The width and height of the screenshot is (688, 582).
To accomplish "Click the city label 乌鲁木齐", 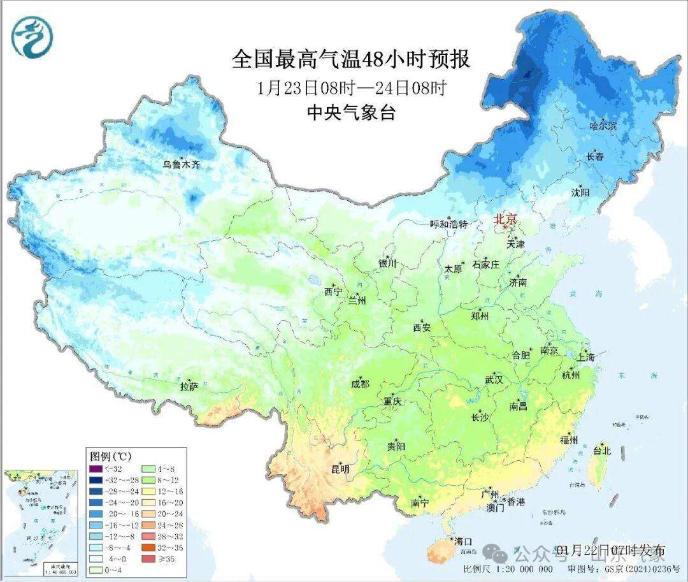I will pyautogui.click(x=181, y=164).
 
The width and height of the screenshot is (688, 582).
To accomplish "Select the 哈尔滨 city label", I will pyautogui.click(x=603, y=126).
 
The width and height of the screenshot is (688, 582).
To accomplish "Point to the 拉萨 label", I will pyautogui.click(x=189, y=386).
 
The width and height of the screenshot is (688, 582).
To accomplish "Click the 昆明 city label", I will pyautogui.click(x=340, y=469).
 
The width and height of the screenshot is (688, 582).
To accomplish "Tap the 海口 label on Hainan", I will pyautogui.click(x=463, y=541).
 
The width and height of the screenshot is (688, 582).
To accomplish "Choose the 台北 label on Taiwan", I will pyautogui.click(x=602, y=451).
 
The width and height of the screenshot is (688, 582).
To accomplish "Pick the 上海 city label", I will pyautogui.click(x=586, y=357).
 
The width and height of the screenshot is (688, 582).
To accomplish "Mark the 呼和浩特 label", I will pyautogui.click(x=448, y=224).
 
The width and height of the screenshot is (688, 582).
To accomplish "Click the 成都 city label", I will pyautogui.click(x=359, y=384).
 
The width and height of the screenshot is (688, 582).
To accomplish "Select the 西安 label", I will pyautogui.click(x=422, y=328).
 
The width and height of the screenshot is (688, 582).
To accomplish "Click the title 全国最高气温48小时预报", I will pyautogui.click(x=351, y=59).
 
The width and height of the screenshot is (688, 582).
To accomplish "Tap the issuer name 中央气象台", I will pyautogui.click(x=351, y=113).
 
